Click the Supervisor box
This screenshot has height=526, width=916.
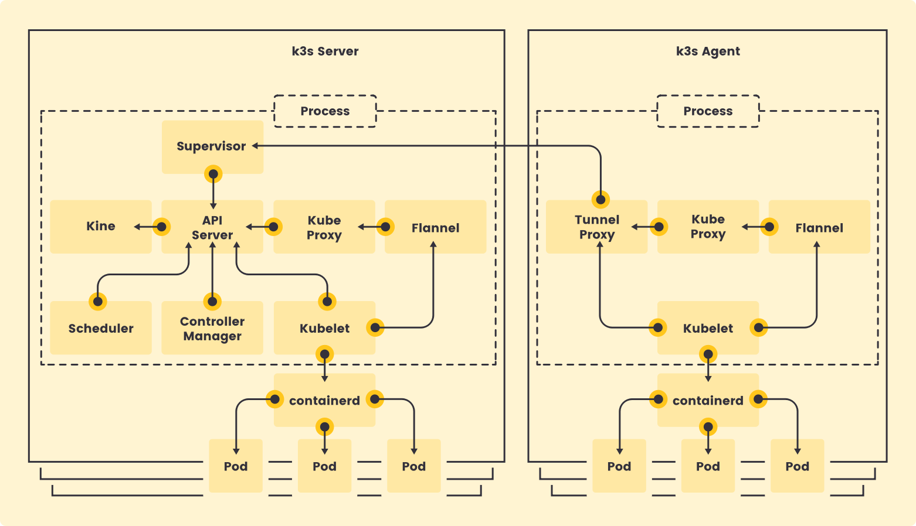pos(212,146)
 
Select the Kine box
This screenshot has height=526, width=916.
pos(101,226)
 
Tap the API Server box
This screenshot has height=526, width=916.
pos(212,227)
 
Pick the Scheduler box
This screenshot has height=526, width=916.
pos(101,328)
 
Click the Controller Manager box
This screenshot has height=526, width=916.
pos(212,328)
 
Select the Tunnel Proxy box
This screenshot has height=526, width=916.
pos(596,227)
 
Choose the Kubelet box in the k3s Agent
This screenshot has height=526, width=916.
pos(708,328)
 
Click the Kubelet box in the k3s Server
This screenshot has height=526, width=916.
pos(324,328)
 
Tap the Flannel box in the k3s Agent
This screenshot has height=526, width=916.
pos(819,227)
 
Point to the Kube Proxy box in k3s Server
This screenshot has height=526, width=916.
pos(324,227)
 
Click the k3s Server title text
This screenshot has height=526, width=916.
pos(325,51)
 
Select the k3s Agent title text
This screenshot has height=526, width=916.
pos(708,51)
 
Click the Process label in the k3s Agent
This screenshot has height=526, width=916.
pos(708,111)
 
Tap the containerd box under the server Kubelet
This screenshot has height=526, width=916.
pos(324,401)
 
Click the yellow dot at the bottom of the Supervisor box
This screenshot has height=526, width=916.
pos(213,174)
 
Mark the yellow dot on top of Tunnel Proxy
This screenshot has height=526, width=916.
pos(601,199)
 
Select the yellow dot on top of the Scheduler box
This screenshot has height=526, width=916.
pos(98,302)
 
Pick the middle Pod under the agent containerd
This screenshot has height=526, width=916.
pos(708,466)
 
